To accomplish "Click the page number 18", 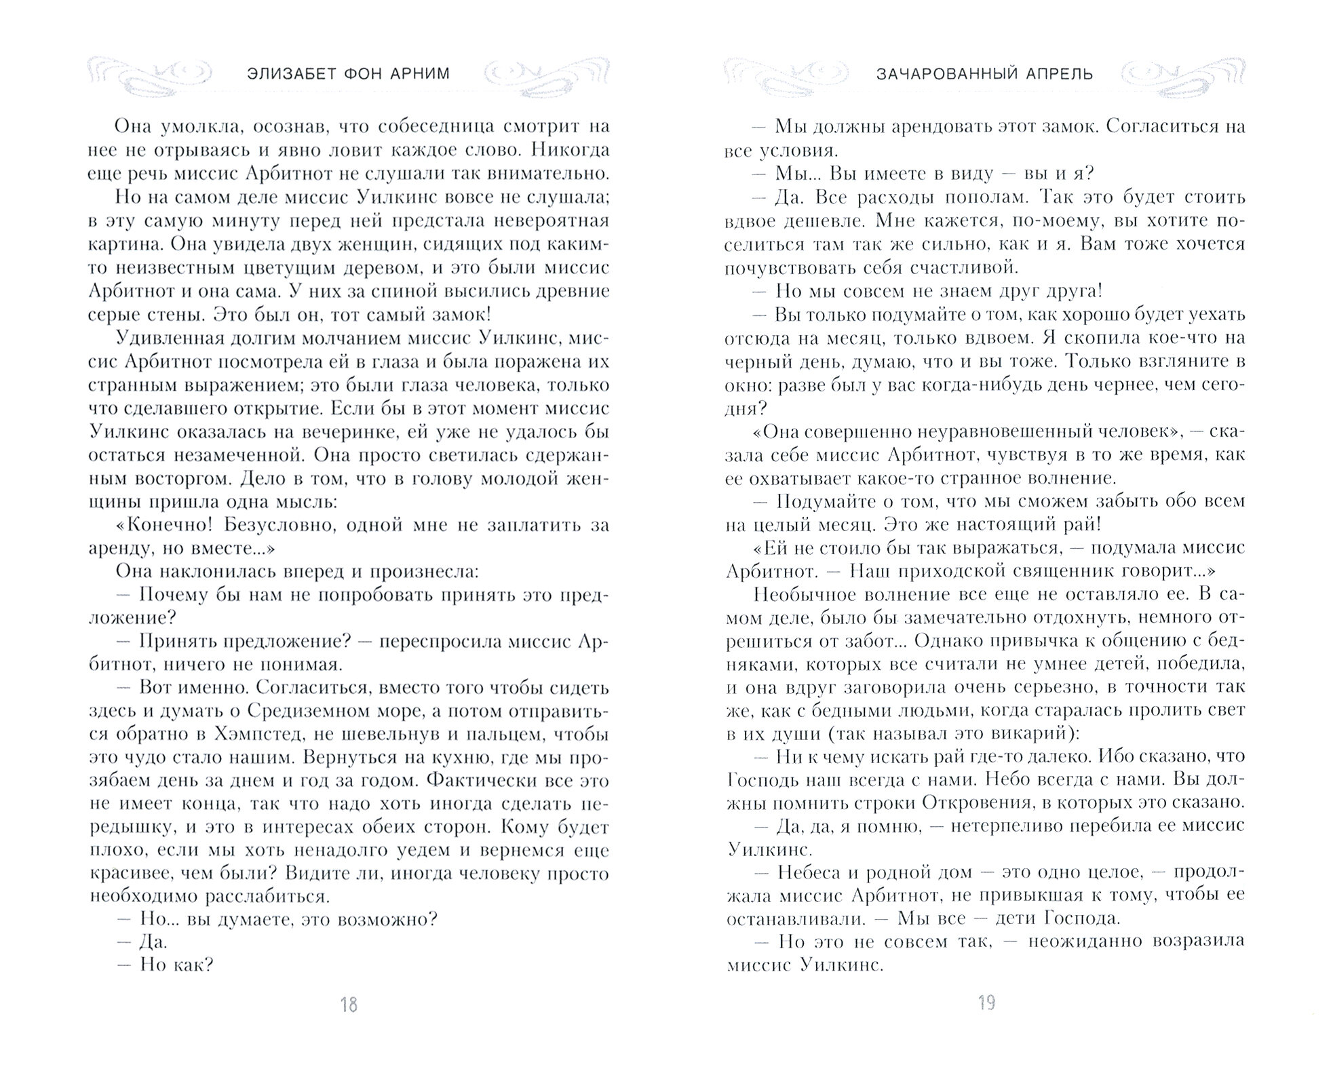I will click(348, 1005).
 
